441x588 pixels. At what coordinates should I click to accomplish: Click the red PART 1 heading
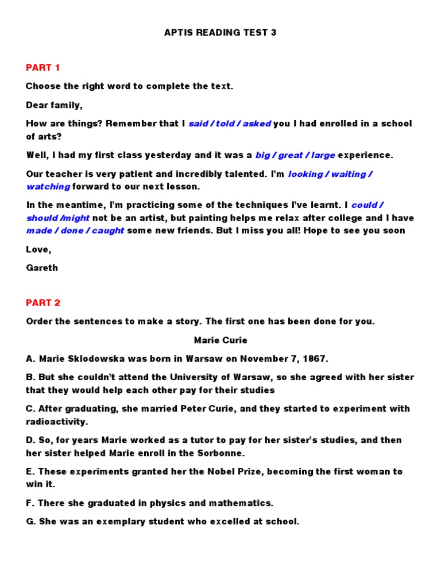pos(43,68)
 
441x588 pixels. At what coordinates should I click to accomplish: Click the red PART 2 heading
pos(43,303)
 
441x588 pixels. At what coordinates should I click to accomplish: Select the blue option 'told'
pos(225,124)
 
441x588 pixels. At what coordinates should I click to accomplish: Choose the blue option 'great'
pos(291,155)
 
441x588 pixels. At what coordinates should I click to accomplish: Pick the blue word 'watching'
pos(48,187)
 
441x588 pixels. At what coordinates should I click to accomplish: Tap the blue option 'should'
pos(42,218)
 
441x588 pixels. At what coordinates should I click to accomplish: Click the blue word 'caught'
pos(106,231)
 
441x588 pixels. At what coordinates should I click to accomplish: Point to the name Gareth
pos(42,268)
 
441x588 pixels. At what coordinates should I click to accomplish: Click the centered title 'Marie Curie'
pos(220,341)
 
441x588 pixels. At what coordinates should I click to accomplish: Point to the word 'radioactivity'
pos(57,421)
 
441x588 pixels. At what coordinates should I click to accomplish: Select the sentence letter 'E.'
pos(30,471)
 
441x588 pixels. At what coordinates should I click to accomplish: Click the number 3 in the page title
pos(273,33)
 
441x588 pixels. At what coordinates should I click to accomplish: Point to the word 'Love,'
pos(38,249)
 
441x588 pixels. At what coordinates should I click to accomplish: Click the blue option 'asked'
pos(257,124)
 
